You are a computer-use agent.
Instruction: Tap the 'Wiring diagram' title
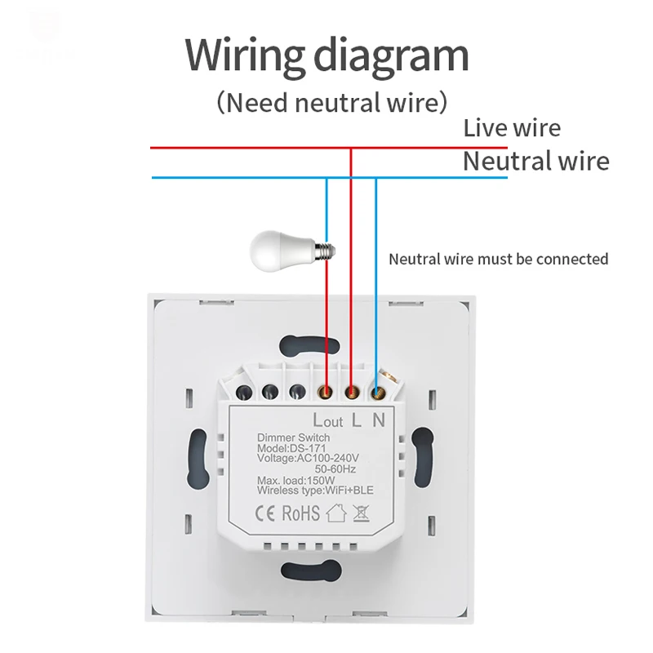click(x=326, y=56)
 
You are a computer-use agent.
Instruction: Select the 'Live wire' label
click(x=512, y=128)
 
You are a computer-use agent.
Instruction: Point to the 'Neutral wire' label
click(x=535, y=161)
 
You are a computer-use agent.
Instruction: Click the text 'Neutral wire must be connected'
click(x=498, y=260)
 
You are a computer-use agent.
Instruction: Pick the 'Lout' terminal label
click(x=327, y=421)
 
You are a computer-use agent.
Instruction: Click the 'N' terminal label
click(x=378, y=421)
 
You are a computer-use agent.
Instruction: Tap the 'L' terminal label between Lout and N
click(x=355, y=421)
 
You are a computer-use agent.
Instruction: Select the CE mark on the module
click(x=269, y=514)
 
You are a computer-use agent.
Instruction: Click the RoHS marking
click(x=301, y=514)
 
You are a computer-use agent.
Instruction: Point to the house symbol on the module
click(x=336, y=513)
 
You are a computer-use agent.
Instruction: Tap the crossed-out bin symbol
click(x=362, y=513)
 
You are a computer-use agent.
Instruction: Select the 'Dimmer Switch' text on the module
click(x=290, y=438)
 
